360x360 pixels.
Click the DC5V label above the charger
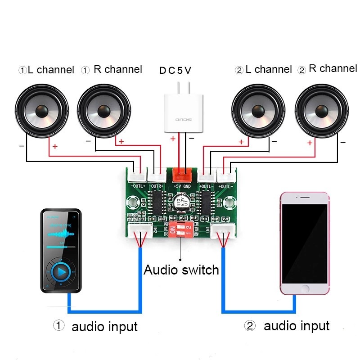pos(175,70)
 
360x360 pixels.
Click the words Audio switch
pos(181,270)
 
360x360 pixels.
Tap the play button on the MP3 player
pos(61,272)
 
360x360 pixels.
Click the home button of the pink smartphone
pos(306,288)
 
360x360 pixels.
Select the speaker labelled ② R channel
pos(322,110)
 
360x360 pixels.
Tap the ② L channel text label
pos(263,70)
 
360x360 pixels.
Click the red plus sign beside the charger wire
pos(173,139)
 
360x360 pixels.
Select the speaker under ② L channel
pos(258,110)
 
